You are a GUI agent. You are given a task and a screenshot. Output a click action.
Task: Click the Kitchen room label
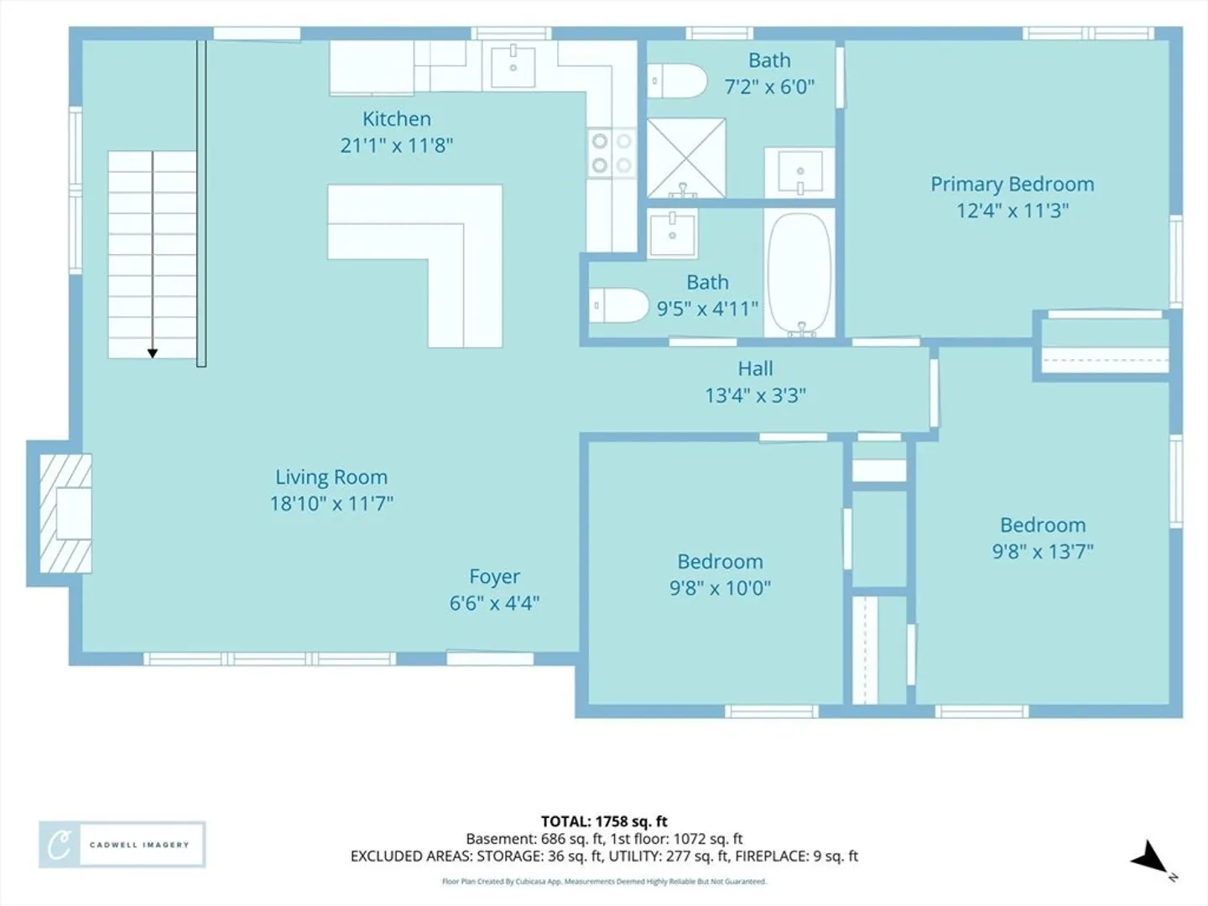[x=396, y=119]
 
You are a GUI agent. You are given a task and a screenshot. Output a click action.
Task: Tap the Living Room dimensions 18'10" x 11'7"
[x=331, y=503]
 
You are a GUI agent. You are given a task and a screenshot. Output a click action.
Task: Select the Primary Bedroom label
[x=1012, y=185]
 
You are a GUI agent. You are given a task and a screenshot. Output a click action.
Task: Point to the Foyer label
[x=494, y=576]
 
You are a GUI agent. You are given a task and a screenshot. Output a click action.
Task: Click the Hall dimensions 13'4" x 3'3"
[x=756, y=395]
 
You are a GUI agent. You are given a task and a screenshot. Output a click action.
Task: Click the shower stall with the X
[x=686, y=158]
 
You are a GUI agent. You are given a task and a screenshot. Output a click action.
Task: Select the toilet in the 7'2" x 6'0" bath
[x=676, y=81]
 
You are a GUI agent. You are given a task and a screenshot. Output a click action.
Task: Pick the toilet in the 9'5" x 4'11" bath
[x=618, y=305]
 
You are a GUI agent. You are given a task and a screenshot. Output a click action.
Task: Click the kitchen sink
[x=513, y=67]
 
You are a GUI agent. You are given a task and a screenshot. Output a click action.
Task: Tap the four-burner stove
[x=612, y=153]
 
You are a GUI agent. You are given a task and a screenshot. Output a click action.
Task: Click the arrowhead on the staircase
[x=153, y=353]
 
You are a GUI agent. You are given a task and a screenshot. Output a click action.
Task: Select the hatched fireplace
[x=65, y=513]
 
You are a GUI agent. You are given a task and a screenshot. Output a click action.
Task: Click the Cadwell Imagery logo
[x=122, y=845]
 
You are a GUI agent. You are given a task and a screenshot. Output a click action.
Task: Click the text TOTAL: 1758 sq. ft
[x=604, y=821]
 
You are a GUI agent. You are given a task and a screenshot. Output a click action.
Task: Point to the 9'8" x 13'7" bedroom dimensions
[x=1043, y=551]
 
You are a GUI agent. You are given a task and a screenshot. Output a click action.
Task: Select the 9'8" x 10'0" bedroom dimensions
[x=720, y=588]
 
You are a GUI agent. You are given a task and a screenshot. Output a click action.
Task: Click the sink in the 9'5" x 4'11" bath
[x=673, y=234]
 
